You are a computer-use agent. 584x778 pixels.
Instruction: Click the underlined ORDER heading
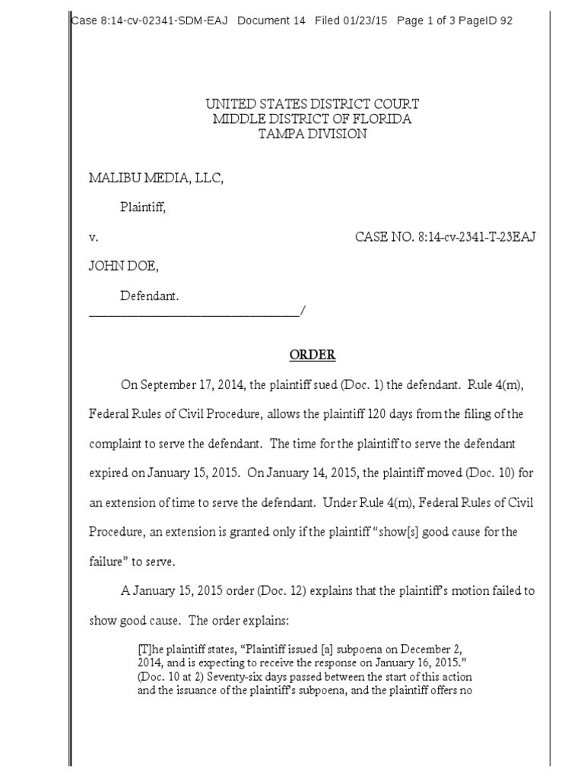pyautogui.click(x=312, y=355)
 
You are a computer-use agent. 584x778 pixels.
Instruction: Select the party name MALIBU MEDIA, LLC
pyautogui.click(x=157, y=178)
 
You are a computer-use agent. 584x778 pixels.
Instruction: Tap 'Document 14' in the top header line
pyautogui.click(x=271, y=21)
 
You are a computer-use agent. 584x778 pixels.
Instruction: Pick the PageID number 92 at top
pyautogui.click(x=505, y=21)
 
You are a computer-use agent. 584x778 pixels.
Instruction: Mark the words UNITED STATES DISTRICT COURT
pyautogui.click(x=312, y=103)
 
